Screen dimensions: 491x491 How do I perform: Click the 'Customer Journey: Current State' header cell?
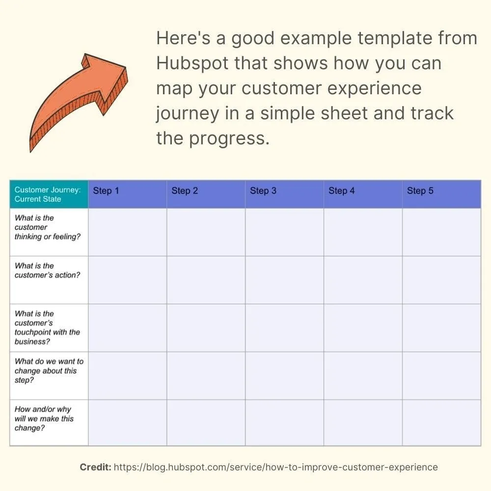(48, 194)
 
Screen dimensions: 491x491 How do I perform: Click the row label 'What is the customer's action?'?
(47, 271)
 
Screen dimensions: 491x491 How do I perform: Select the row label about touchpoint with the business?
(47, 327)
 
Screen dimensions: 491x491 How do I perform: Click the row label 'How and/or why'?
(44, 418)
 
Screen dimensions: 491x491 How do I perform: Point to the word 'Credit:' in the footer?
(95, 467)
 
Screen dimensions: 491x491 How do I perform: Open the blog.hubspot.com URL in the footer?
(275, 467)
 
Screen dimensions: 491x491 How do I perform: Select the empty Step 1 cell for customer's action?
(127, 280)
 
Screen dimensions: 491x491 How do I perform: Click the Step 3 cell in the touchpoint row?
(284, 327)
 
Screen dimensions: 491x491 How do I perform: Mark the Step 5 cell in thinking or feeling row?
(441, 232)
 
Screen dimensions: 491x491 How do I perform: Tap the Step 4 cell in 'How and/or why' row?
(363, 422)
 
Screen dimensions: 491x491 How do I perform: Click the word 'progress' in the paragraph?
(229, 139)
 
